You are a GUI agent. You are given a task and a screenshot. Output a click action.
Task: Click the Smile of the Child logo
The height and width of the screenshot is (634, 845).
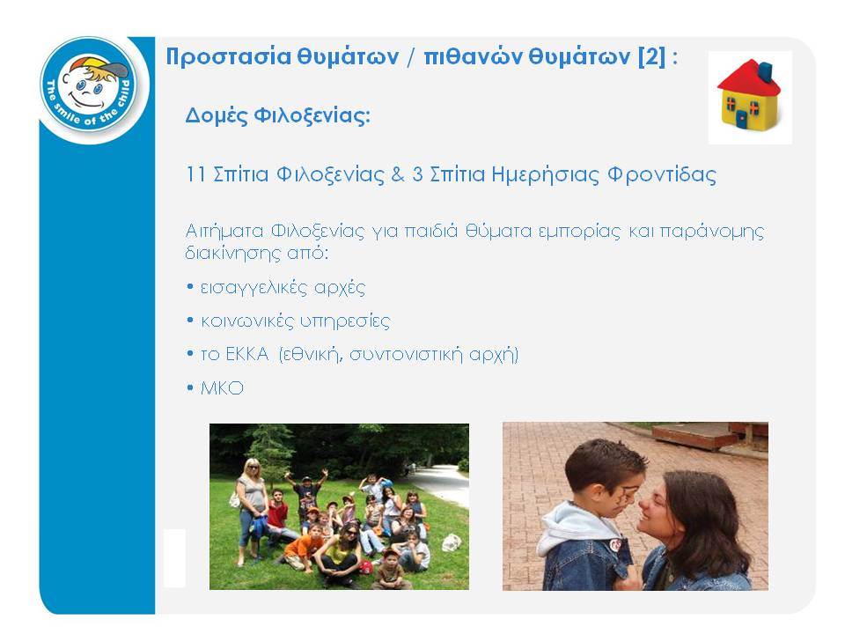point(90,90)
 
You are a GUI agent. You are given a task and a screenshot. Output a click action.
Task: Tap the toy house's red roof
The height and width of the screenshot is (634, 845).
point(747,78)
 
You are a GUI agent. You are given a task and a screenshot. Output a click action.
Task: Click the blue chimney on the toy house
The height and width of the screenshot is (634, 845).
point(765,70)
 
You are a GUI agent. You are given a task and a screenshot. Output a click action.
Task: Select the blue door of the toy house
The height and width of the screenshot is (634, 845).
point(741,119)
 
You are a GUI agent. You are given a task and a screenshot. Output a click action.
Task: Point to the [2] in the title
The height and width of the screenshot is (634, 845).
point(651,56)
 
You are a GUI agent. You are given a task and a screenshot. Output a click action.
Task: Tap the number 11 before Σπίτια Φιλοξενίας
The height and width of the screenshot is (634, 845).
point(195,174)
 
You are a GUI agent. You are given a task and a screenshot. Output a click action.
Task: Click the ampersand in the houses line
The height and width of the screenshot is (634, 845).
point(398,174)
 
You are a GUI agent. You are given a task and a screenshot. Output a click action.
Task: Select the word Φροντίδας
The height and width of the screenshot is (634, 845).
point(662,175)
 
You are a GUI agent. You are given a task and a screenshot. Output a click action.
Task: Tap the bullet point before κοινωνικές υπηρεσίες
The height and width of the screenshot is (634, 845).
point(190,321)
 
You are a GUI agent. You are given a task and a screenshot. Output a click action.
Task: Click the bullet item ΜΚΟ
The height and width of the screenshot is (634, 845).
point(222,388)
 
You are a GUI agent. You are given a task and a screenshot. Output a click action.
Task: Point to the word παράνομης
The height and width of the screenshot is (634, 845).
point(711,232)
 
